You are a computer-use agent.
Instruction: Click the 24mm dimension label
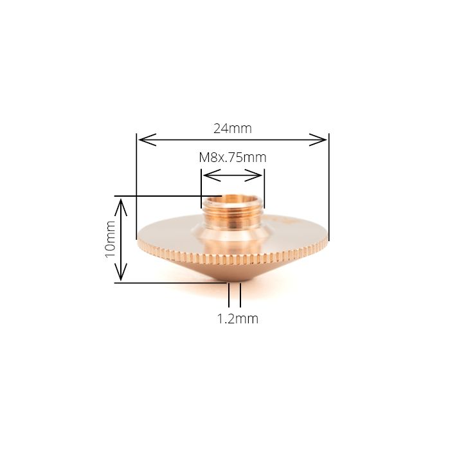pos(233,129)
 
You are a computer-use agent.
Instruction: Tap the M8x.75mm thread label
pos(233,157)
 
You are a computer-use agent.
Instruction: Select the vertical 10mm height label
pos(111,239)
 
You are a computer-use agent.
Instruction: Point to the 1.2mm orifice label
pos(238,319)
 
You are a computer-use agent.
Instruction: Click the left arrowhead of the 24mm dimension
pos(147,139)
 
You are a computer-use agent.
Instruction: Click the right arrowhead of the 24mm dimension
pos(318,139)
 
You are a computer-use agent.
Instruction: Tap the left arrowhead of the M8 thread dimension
pos(212,175)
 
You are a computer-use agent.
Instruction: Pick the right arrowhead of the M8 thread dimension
pos(253,175)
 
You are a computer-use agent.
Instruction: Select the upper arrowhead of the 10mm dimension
pos(121,208)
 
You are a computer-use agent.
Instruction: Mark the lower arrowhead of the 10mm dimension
pos(121,272)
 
